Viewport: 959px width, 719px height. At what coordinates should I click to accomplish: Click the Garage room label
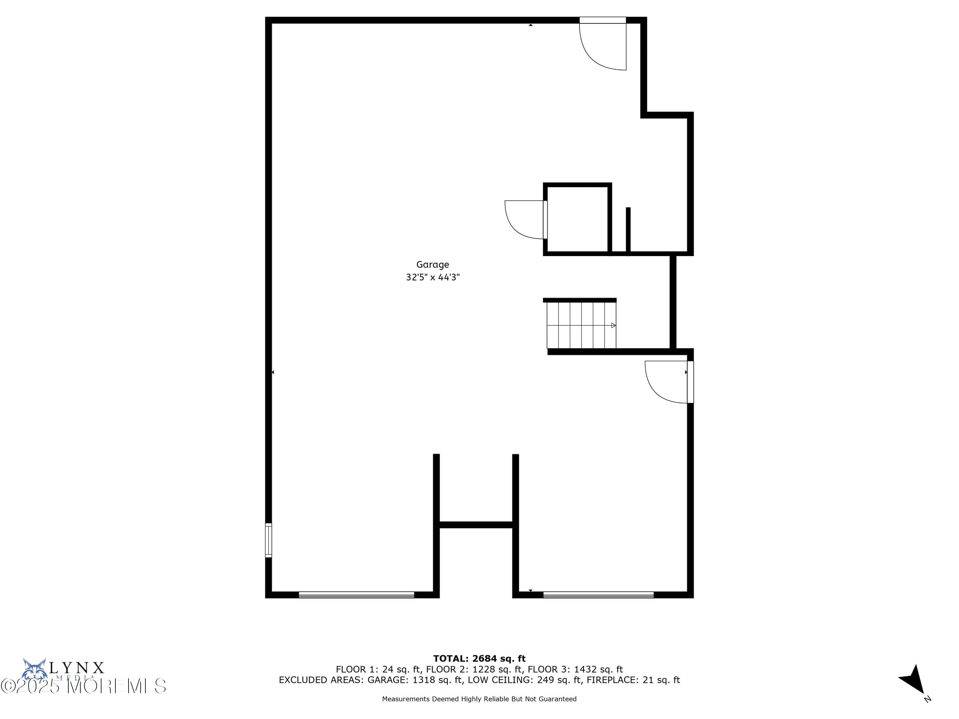point(432,264)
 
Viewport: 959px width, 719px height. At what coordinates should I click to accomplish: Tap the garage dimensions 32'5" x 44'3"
point(432,277)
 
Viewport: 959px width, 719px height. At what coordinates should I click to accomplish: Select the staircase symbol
point(581,325)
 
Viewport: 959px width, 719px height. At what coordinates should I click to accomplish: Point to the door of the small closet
point(526,219)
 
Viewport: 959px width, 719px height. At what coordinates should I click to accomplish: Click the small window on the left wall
point(269,540)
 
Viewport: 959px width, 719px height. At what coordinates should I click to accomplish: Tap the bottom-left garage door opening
point(356,595)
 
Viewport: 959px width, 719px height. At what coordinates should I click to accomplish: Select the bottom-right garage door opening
point(598,595)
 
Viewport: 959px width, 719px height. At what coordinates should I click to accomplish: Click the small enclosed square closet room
point(577,219)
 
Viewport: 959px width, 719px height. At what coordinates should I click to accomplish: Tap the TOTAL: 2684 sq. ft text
point(479,659)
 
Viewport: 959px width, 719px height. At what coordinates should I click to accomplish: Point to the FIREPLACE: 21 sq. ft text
point(633,680)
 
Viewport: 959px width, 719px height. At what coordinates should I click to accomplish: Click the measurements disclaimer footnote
point(479,699)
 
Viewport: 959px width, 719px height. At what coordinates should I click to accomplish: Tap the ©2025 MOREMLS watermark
point(83,686)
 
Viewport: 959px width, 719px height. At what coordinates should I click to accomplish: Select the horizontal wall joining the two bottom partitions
point(476,525)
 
